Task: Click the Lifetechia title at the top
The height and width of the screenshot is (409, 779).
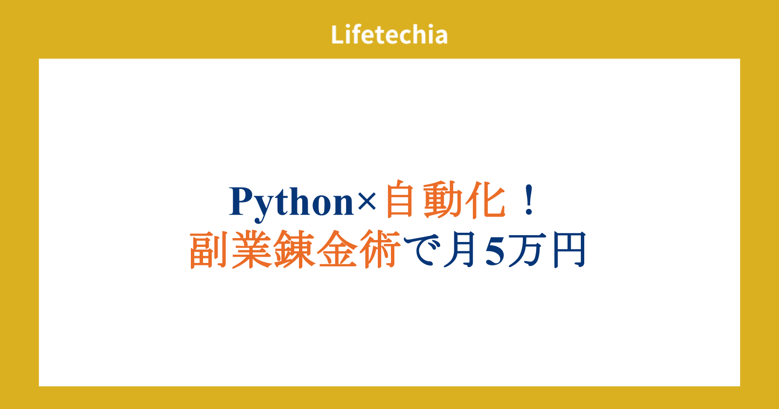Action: click(389, 35)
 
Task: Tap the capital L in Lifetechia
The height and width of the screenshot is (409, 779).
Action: click(337, 35)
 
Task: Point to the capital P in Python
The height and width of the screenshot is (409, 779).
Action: click(241, 201)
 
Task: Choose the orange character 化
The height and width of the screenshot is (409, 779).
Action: click(485, 199)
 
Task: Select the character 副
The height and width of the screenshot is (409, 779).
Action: click(208, 249)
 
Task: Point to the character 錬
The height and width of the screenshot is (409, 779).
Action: click(294, 249)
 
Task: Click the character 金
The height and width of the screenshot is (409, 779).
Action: click(337, 249)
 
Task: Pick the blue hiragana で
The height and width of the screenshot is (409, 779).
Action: click(421, 250)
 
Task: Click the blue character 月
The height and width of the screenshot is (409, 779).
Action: click(460, 250)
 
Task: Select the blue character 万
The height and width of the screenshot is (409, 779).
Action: click(525, 250)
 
